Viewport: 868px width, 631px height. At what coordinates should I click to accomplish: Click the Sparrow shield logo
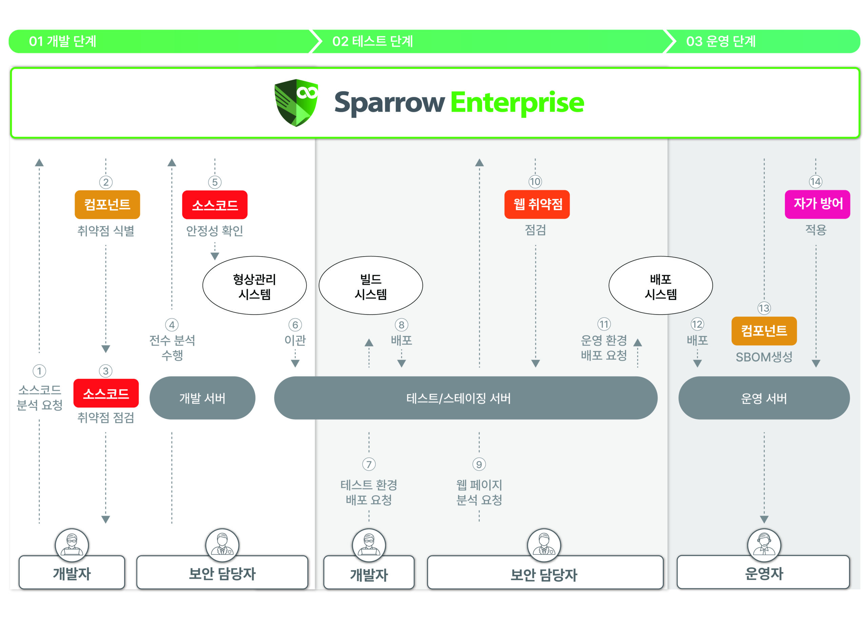296,102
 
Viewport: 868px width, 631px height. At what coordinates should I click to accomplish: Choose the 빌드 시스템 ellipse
371,286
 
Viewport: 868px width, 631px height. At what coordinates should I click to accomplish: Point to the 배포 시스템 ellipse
660,286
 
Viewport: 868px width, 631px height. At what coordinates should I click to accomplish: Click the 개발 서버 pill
202,398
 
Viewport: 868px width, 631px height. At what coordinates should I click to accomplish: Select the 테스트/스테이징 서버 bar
466,398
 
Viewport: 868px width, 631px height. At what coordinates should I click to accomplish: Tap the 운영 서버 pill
764,398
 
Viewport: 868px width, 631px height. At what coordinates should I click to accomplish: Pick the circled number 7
369,464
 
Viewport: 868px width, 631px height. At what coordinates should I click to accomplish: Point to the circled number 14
815,182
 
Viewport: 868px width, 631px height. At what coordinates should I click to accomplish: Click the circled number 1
39,371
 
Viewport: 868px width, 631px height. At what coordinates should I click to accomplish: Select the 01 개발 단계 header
63,41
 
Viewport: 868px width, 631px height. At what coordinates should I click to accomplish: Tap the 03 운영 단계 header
721,41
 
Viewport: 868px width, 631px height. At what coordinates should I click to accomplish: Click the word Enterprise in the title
517,102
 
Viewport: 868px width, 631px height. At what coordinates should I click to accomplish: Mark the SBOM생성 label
764,357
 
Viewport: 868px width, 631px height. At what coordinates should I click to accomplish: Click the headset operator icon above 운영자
764,545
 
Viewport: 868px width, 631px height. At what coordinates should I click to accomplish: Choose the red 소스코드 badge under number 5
215,205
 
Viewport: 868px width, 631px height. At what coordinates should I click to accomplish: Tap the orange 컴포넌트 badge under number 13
764,331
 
